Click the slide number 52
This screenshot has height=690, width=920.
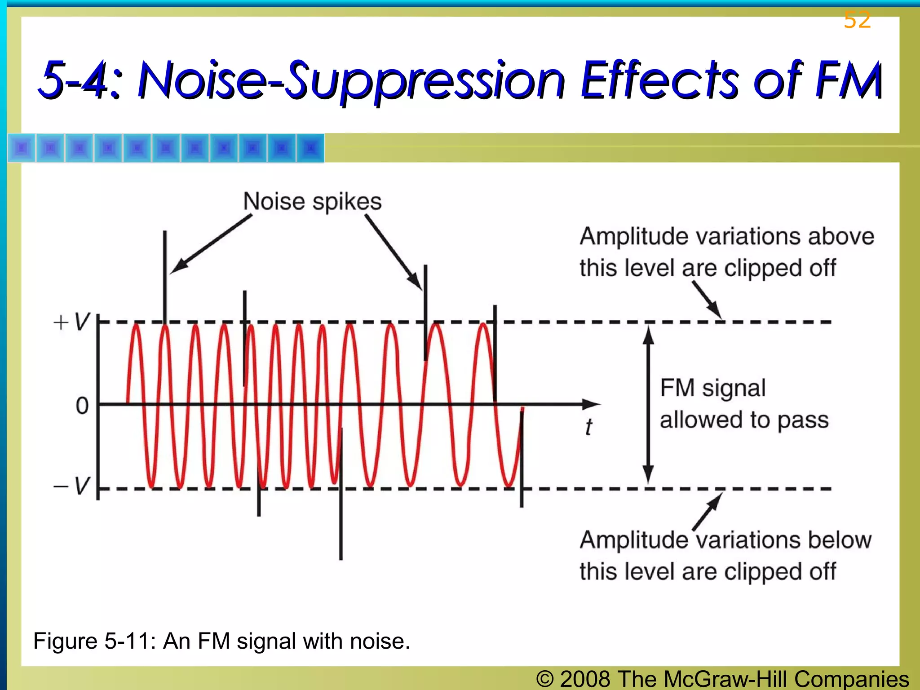tap(857, 20)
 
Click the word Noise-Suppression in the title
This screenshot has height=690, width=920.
tap(350, 81)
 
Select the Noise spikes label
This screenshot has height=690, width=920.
tap(312, 201)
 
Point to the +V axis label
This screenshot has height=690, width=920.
tap(72, 322)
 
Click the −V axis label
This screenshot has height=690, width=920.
tap(72, 486)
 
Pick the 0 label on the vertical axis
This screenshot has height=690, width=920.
tap(82, 406)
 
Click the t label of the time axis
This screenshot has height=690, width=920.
tap(588, 427)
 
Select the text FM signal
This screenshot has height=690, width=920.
tap(712, 388)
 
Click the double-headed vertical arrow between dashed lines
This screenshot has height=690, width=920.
tap(648, 404)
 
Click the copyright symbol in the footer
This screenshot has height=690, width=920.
tap(545, 679)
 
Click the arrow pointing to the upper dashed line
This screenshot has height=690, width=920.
tap(707, 300)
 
